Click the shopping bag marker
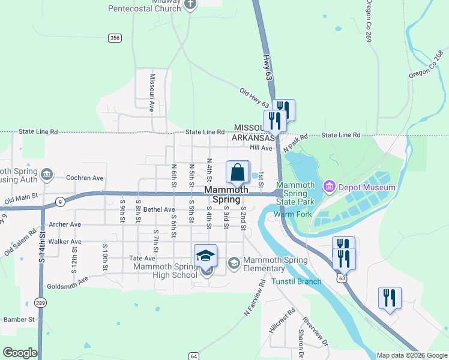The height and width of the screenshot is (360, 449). [238, 172]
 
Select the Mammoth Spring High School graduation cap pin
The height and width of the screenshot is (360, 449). [205, 256]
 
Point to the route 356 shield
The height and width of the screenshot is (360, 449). [115, 38]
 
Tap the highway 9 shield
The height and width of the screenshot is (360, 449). [60, 202]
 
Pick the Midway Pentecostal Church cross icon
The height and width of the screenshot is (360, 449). [190, 5]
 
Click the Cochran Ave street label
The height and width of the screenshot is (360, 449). [85, 178]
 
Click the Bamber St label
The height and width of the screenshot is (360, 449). [19, 320]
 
